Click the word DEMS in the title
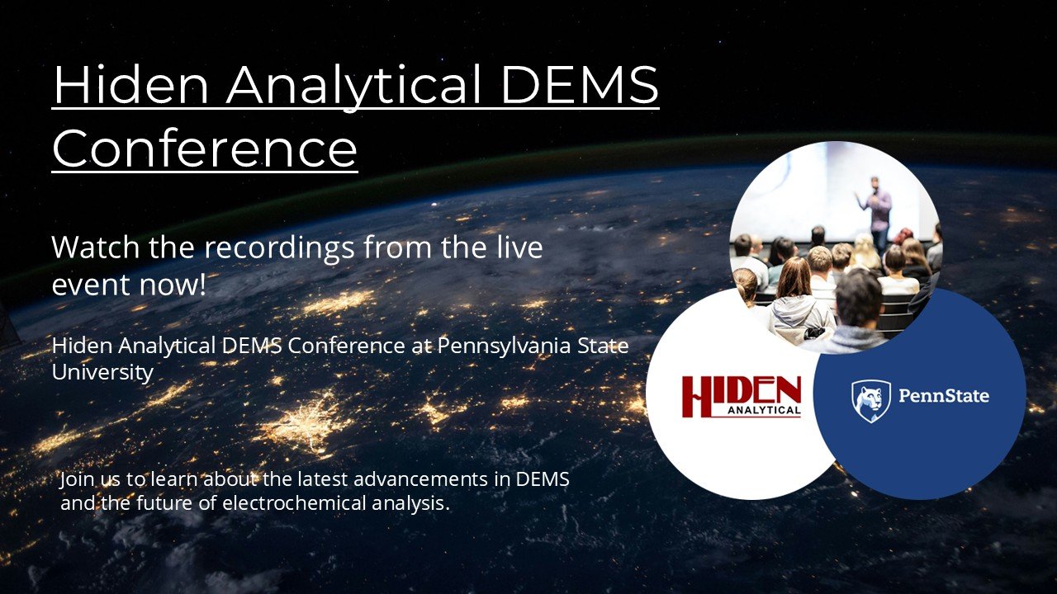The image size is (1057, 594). coord(579,85)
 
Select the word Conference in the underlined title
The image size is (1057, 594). coord(204,148)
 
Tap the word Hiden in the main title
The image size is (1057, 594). coord(130,85)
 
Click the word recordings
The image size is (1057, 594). coord(279,249)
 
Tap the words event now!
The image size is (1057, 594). coord(129,285)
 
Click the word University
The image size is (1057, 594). coord(102,372)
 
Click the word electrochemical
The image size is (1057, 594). coord(294,503)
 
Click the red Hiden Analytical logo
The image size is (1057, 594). coord(742,397)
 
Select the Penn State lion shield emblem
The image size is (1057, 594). coord(870,401)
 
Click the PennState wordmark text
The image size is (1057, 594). coord(943,395)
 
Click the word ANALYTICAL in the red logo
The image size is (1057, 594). coord(764,410)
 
